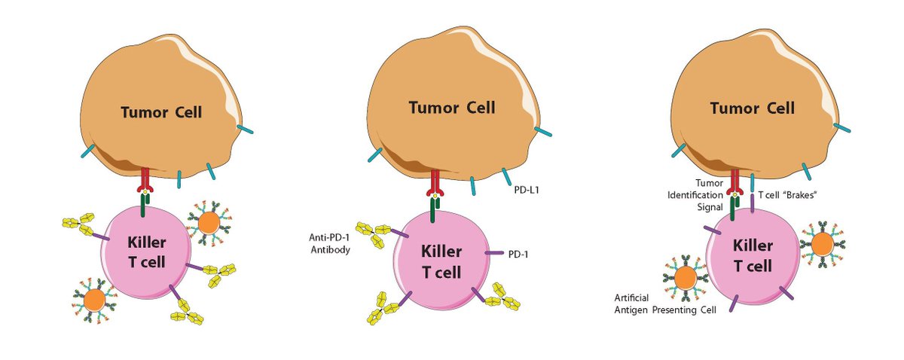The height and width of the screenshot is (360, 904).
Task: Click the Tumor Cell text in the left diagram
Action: [x=163, y=112]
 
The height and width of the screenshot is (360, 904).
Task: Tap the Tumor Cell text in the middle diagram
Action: [x=452, y=107]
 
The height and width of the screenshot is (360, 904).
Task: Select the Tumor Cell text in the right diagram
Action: [x=751, y=108]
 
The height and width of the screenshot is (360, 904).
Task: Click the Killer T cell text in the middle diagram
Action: [x=441, y=260]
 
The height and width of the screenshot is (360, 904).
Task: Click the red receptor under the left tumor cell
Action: [x=145, y=180]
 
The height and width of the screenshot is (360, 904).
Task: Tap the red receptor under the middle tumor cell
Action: [x=435, y=181]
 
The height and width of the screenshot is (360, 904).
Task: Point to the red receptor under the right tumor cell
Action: [x=731, y=181]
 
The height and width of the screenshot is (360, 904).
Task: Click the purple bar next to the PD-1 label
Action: [x=494, y=254]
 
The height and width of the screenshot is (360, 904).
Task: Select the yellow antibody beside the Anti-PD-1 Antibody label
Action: [x=374, y=233]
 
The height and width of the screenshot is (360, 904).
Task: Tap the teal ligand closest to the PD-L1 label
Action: [x=505, y=176]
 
